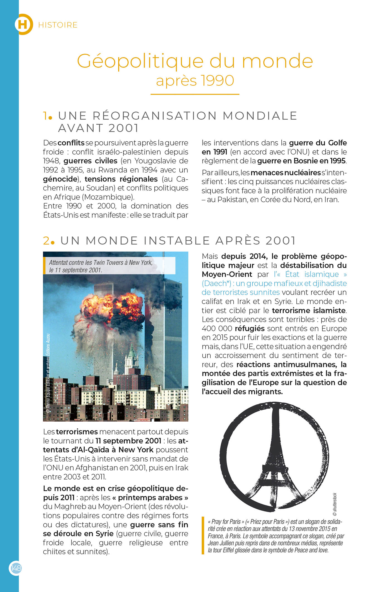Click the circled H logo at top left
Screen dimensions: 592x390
[24, 24]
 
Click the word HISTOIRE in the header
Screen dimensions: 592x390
[58, 25]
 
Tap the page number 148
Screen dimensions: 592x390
[16, 568]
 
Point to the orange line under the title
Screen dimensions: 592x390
[195, 94]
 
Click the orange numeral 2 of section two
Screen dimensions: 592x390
[46, 241]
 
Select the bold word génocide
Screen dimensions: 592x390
[60, 179]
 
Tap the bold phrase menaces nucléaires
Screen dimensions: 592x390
[286, 173]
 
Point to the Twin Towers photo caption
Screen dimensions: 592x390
[101, 266]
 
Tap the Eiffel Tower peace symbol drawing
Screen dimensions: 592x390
[274, 457]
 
